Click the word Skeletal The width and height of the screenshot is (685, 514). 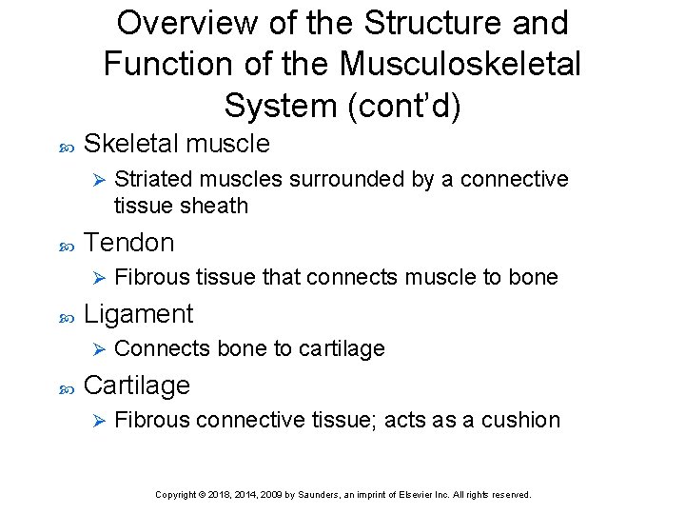131,144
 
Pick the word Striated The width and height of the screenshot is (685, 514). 148,180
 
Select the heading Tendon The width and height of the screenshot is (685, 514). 129,243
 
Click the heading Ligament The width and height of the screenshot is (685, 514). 139,314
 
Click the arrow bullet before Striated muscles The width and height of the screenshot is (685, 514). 94,180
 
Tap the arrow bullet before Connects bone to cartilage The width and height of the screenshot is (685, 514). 94,348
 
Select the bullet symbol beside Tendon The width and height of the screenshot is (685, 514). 67,245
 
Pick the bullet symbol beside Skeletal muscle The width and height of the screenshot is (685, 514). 67,146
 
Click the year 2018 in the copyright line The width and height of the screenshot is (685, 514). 225,495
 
